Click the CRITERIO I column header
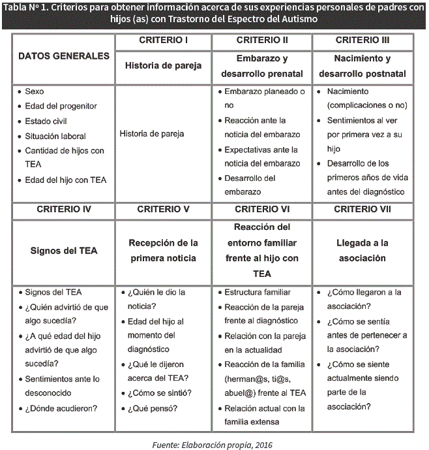[164, 40]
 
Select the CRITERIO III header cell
[362, 40]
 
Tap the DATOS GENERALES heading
[64, 56]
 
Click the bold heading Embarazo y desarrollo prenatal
[263, 65]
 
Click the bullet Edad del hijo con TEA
[65, 180]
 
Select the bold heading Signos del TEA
[64, 251]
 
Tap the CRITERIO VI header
[263, 209]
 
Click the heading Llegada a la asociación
[362, 250]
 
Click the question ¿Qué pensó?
[153, 408]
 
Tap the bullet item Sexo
[35, 92]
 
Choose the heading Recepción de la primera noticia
[164, 250]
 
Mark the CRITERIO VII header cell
[362, 209]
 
